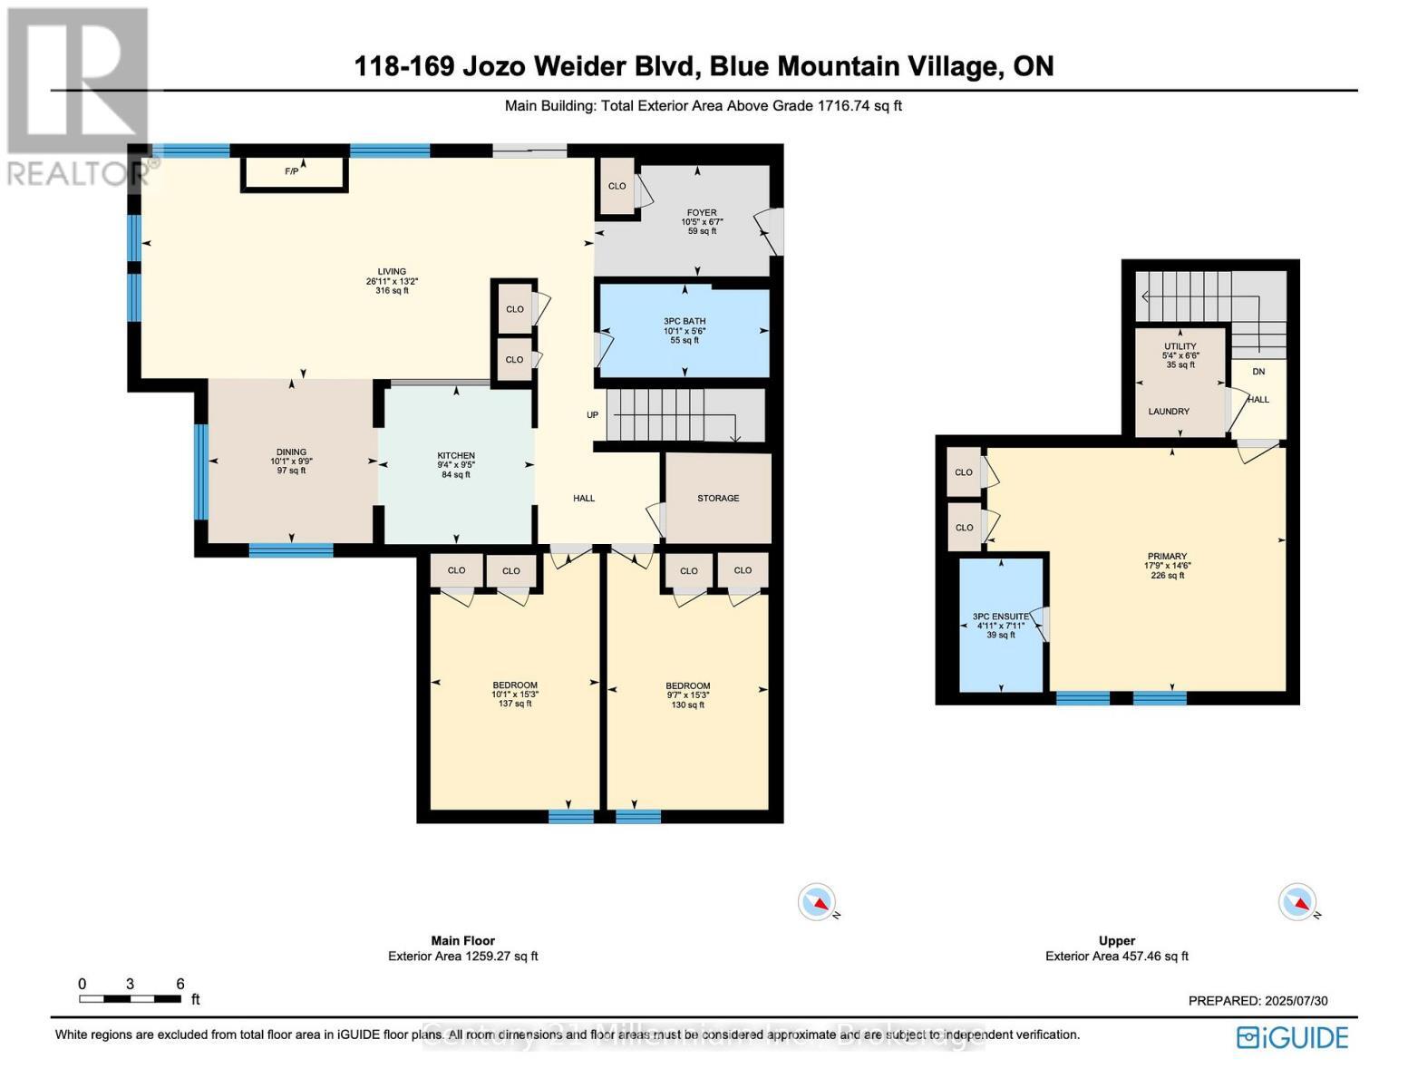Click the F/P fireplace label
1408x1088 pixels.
(x=291, y=171)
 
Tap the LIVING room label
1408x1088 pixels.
(x=392, y=272)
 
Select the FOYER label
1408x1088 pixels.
(x=701, y=213)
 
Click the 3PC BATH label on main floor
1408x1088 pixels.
(x=684, y=321)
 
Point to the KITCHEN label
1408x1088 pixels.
(x=456, y=456)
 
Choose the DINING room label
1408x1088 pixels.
(x=291, y=452)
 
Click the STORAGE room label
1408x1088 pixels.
(x=718, y=498)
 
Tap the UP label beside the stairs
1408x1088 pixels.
(x=592, y=415)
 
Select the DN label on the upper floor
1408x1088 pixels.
(x=1258, y=372)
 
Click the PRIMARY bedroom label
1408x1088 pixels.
(x=1167, y=557)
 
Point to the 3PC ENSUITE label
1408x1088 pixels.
(x=1001, y=617)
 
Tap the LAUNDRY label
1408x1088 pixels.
(x=1169, y=412)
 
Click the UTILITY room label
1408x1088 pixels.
(x=1180, y=346)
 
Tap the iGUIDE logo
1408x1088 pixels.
(x=1293, y=1037)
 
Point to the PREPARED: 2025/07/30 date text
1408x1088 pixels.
(x=1257, y=1001)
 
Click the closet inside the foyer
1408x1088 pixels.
(x=617, y=187)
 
